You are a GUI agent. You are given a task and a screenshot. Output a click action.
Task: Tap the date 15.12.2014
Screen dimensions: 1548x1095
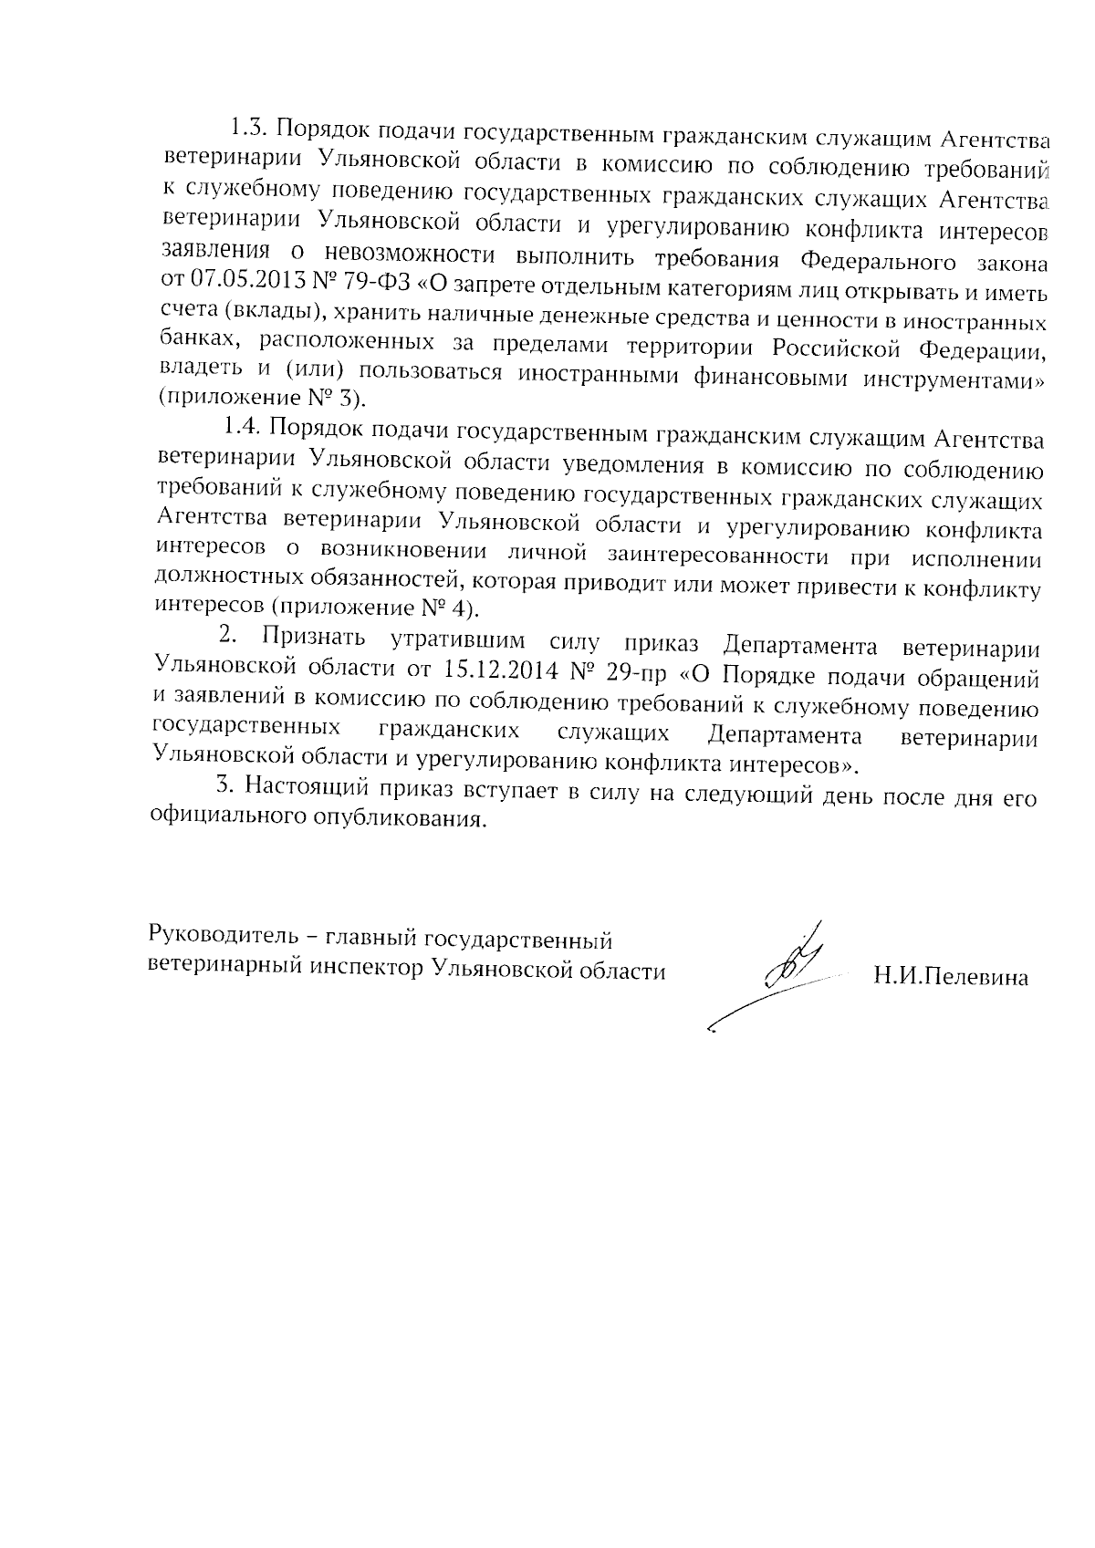pos(500,670)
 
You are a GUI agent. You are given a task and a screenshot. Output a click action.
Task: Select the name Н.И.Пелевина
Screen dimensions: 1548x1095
pos(950,978)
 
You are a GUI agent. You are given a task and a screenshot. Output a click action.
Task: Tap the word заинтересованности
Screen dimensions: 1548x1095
pos(725,556)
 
